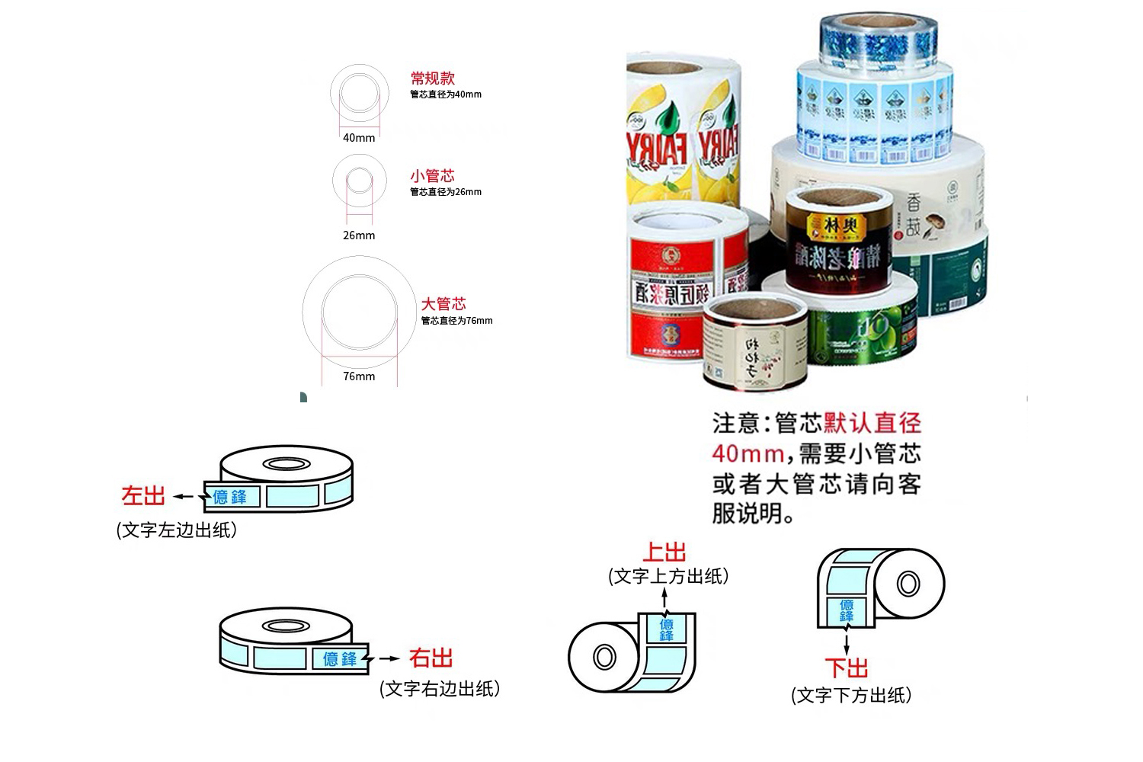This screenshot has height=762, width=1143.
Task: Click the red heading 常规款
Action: pos(432,78)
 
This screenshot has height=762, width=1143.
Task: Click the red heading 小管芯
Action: pos(432,175)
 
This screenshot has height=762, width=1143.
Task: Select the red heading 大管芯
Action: pos(443,304)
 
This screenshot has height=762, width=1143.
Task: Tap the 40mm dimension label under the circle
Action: pos(359,138)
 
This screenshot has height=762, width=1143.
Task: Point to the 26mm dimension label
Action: pos(359,235)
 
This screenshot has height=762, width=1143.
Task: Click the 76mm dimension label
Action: pos(359,376)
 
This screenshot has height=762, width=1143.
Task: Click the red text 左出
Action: pos(143,496)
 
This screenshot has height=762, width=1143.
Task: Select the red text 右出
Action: pos(431,658)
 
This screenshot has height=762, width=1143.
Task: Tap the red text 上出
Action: pos(664,552)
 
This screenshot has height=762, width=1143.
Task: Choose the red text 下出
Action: pos(847,668)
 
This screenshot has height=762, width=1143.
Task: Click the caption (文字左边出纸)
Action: pos(177,530)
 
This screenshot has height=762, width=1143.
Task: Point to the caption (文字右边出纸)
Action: pos(440,689)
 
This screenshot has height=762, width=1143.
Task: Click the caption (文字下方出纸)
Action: pos(851,695)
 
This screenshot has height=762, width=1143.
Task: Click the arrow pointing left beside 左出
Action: pos(183,497)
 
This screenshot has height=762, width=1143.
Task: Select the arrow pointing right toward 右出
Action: pos(389,658)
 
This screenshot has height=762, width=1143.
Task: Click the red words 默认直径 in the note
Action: pos(872,423)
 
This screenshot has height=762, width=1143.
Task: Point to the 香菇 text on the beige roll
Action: pos(913,215)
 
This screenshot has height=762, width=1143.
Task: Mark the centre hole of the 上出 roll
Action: pos(604,657)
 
